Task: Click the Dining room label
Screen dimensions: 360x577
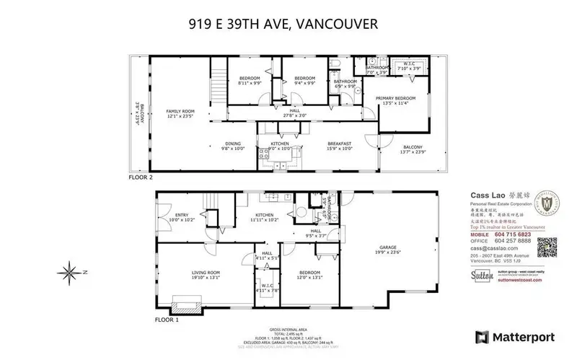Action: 234,146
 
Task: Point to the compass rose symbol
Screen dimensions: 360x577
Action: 70,272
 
